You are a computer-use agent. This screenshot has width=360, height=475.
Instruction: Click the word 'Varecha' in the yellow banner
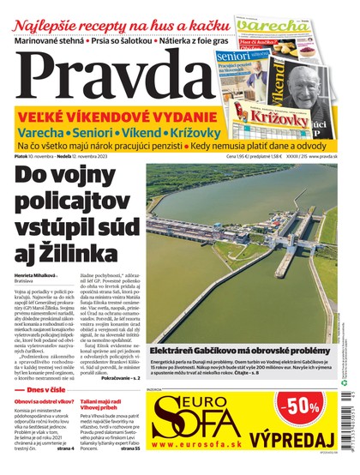[43, 133]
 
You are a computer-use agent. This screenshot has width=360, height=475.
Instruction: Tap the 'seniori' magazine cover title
[235, 56]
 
